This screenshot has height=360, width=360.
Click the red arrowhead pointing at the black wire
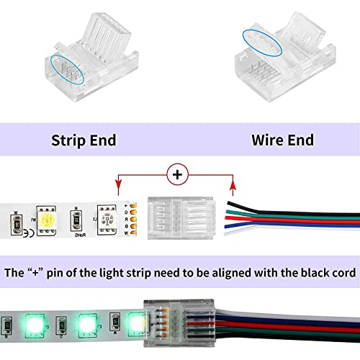233,188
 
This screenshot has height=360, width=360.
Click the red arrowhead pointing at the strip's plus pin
118,188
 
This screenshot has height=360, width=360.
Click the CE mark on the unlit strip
26,232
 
